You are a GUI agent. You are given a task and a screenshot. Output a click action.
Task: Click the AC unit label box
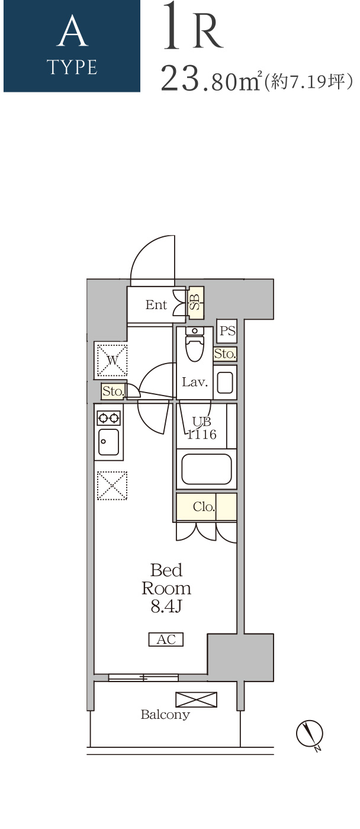(x=166, y=639)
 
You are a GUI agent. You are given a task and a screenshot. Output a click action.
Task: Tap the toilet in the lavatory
(x=195, y=344)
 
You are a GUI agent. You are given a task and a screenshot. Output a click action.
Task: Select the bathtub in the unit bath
(x=207, y=469)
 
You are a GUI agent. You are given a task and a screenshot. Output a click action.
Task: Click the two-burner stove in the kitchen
(x=108, y=418)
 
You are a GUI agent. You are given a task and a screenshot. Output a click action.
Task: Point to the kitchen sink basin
(x=108, y=442)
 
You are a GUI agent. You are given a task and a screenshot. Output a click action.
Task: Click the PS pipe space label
(x=227, y=330)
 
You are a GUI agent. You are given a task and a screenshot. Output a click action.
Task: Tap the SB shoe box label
(x=195, y=303)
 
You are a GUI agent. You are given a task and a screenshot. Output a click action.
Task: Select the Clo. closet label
(x=204, y=506)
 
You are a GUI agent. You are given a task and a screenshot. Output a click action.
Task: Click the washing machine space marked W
(x=112, y=360)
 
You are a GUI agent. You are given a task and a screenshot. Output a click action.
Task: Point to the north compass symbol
(x=310, y=734)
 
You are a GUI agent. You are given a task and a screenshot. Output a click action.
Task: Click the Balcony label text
(x=165, y=714)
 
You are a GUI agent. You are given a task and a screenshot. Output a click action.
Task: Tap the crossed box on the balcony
(x=196, y=699)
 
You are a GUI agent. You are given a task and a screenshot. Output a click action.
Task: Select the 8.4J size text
(x=166, y=606)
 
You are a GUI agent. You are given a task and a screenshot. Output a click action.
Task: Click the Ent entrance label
(x=156, y=304)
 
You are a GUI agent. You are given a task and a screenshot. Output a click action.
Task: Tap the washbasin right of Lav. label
(x=225, y=383)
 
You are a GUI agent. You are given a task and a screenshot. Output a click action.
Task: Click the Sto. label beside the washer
(x=113, y=391)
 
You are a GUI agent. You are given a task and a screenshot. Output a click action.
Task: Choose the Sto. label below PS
(x=224, y=354)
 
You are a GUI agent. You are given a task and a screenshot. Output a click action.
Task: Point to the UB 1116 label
(x=202, y=428)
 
